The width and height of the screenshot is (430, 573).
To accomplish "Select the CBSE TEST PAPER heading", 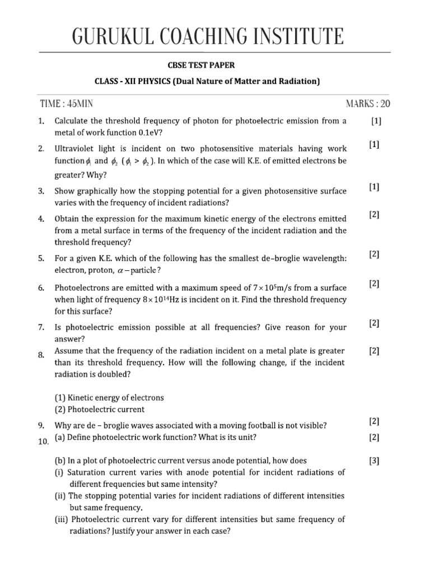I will [x=215, y=65].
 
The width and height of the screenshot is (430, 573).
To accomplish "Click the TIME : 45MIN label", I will [x=71, y=104].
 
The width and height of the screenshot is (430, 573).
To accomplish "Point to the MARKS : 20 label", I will [x=368, y=104].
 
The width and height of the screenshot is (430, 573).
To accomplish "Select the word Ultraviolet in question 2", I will [x=76, y=149].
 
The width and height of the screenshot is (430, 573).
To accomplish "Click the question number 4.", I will [x=41, y=219].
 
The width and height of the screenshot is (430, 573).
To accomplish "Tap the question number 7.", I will [x=41, y=327].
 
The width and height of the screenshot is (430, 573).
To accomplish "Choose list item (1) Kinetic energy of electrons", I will [x=109, y=397].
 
